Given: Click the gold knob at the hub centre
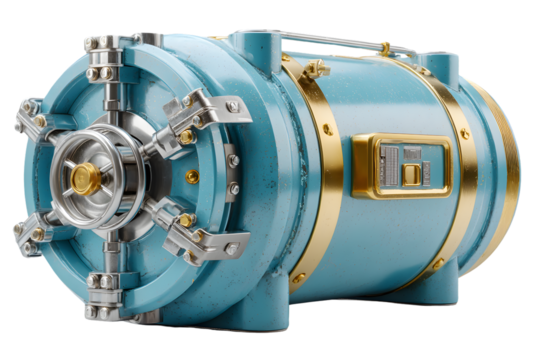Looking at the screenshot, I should coord(81,178).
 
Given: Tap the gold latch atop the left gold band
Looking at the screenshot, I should coord(316,69).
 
